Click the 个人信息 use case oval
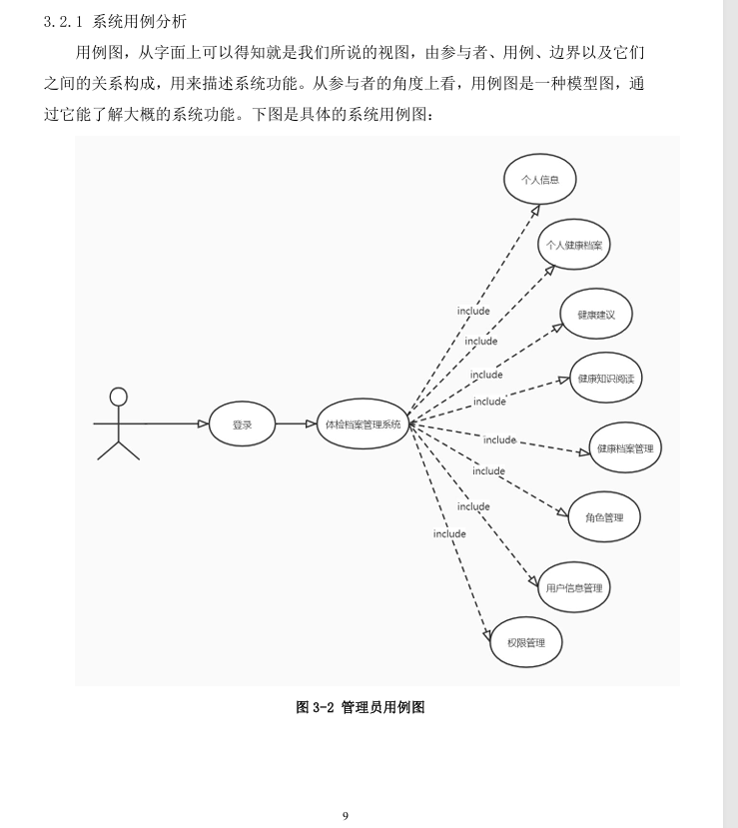click(x=540, y=181)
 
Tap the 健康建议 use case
click(x=596, y=315)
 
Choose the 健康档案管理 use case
click(x=625, y=448)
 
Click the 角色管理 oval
click(x=604, y=517)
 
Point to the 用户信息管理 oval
click(x=574, y=588)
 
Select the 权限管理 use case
click(x=524, y=642)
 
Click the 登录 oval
click(x=243, y=424)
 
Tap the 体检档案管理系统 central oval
click(x=363, y=424)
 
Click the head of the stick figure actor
click(x=119, y=397)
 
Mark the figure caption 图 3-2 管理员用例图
click(x=361, y=707)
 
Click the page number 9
click(x=346, y=816)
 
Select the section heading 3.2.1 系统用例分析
click(x=116, y=20)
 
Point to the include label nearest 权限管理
click(x=449, y=533)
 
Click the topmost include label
click(x=473, y=311)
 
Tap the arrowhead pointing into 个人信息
click(x=535, y=211)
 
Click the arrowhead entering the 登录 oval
click(x=203, y=424)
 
